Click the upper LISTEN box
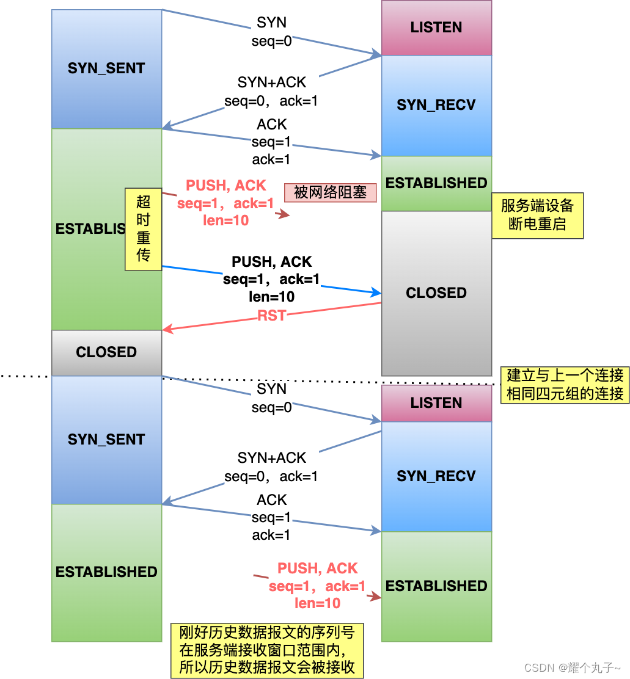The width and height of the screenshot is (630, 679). (x=436, y=27)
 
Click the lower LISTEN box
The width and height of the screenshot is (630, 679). (x=436, y=403)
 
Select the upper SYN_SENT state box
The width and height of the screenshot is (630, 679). (x=106, y=68)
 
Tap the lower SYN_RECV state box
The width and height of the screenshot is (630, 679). (x=436, y=476)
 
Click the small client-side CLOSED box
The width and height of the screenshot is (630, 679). (x=106, y=352)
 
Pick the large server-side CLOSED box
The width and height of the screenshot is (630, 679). (x=436, y=293)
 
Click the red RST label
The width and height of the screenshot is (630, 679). (x=272, y=316)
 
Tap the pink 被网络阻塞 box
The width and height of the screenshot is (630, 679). (x=330, y=193)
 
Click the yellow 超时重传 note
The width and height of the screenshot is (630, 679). (x=143, y=229)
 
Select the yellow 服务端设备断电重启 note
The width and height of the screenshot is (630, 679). (x=537, y=215)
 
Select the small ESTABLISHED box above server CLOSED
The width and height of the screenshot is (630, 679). (x=436, y=183)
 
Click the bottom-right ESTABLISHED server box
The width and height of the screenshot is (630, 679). (x=436, y=586)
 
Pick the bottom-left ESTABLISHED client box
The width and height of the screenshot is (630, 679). (x=106, y=572)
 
